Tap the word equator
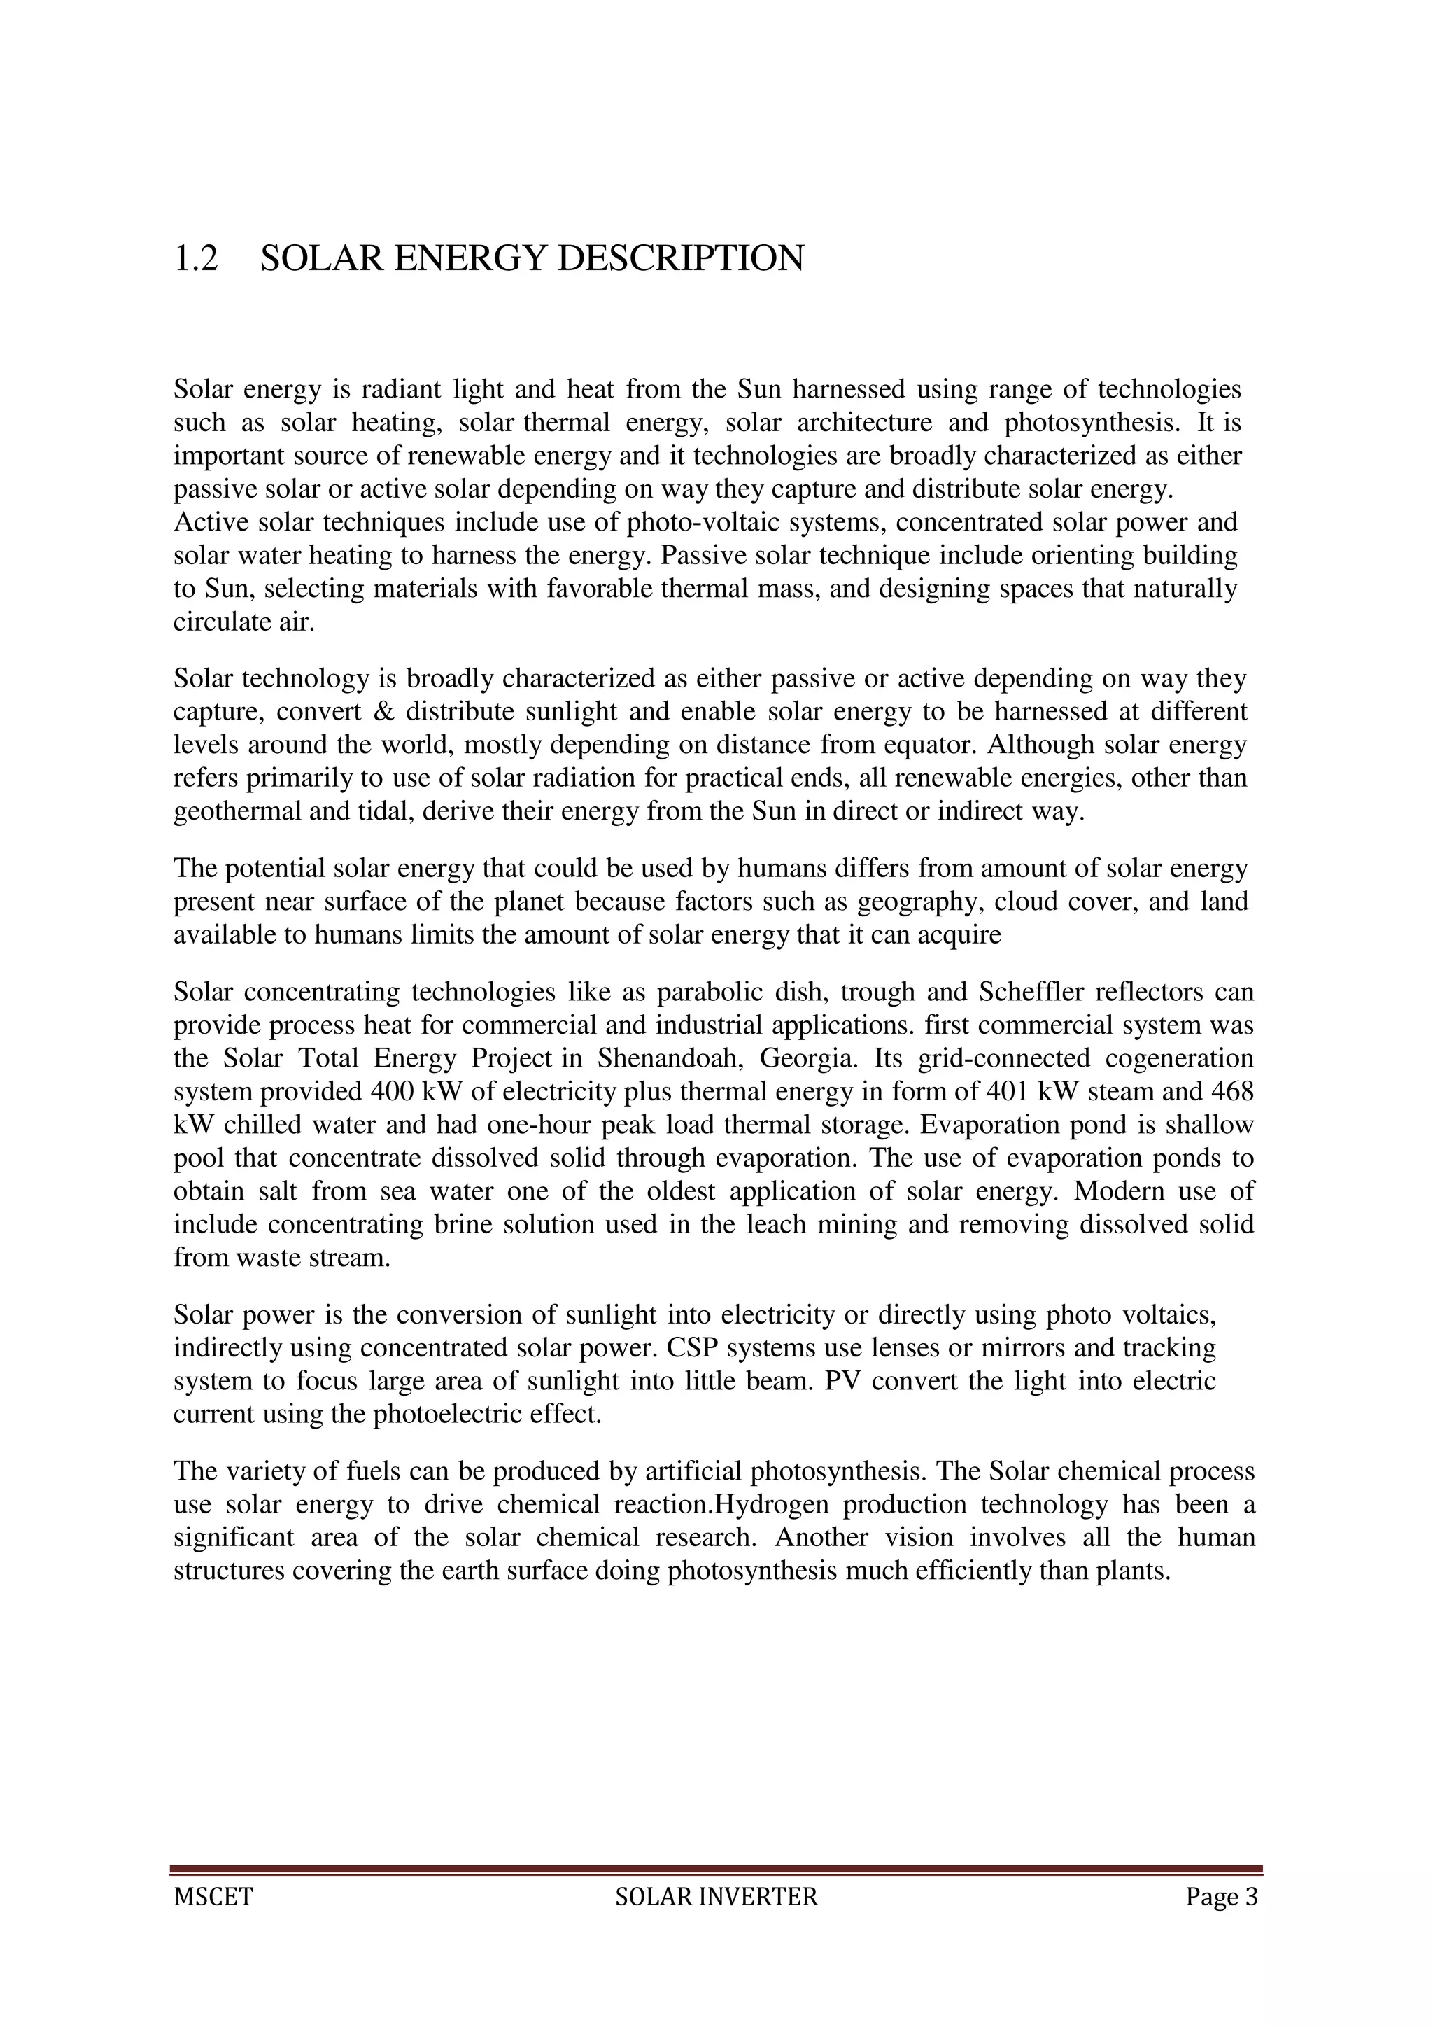(x=930, y=745)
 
